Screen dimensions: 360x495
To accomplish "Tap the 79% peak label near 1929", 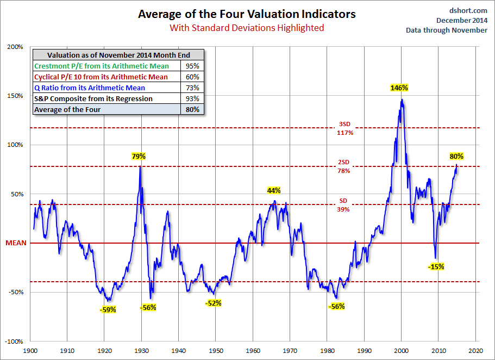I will [139, 156].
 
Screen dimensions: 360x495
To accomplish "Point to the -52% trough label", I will [214, 303].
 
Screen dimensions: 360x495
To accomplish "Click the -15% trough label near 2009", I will [436, 266].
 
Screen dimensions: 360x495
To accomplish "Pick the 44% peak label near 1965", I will [274, 190].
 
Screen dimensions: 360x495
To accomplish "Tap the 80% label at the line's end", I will [456, 156].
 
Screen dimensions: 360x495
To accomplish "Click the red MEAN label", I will [16, 243].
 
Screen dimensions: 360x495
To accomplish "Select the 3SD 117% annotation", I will [344, 128].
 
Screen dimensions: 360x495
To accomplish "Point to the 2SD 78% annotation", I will [343, 166].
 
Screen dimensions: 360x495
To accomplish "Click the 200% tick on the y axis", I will [15, 47].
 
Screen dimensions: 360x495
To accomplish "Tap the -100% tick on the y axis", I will [14, 342].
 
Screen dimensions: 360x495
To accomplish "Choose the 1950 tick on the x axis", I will [216, 351].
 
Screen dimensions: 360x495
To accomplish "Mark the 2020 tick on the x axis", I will [476, 351].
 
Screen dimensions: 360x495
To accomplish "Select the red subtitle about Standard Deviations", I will [247, 27].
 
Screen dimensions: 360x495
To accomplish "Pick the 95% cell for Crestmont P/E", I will [192, 66].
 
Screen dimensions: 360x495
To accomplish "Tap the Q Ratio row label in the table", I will [90, 88].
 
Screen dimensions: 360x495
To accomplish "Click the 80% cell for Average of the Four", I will [192, 109].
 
